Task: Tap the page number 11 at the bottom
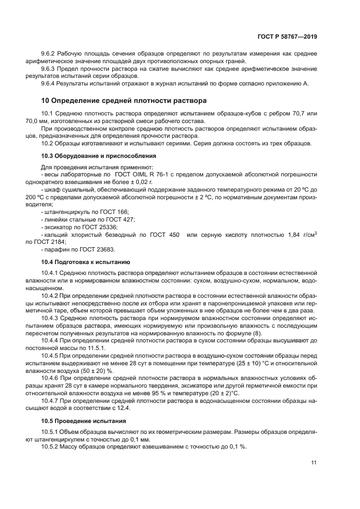(x=314, y=463)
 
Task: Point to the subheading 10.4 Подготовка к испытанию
(x=86, y=262)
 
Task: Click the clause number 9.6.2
(x=50, y=53)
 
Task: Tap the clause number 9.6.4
(x=50, y=83)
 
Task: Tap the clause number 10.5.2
(x=52, y=446)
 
